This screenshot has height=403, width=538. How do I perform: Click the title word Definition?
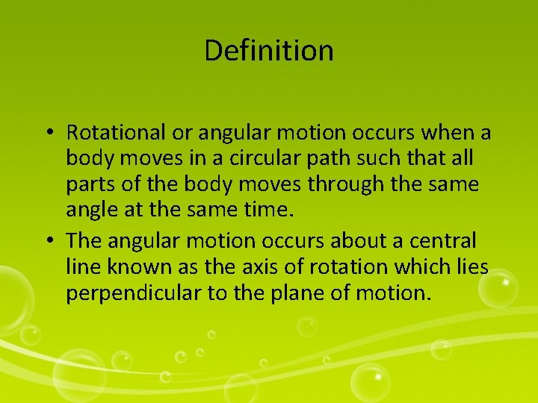(x=268, y=51)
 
